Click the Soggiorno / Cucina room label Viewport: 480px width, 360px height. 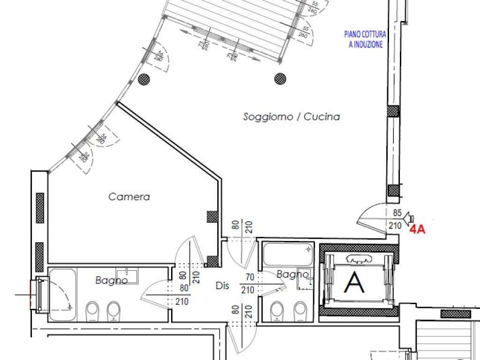(x=291, y=117)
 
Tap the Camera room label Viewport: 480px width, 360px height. (x=129, y=197)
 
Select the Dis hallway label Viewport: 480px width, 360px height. (x=222, y=285)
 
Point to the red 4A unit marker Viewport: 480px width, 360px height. (x=417, y=230)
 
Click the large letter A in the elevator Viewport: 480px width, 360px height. (x=354, y=282)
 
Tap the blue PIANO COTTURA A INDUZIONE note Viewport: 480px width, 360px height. (x=366, y=39)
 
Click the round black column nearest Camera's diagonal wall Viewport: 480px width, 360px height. (x=144, y=79)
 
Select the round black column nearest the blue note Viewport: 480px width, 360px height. (x=280, y=78)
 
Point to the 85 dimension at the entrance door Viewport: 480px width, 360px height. (x=397, y=213)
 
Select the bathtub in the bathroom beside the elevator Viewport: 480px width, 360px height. (x=286, y=254)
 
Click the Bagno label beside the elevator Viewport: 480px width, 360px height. (x=292, y=274)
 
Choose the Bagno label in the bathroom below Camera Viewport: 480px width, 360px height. (x=112, y=280)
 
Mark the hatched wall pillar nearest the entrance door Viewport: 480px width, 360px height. (x=393, y=191)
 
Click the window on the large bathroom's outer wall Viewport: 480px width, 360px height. (x=41, y=295)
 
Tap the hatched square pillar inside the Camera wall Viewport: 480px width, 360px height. (x=212, y=217)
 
